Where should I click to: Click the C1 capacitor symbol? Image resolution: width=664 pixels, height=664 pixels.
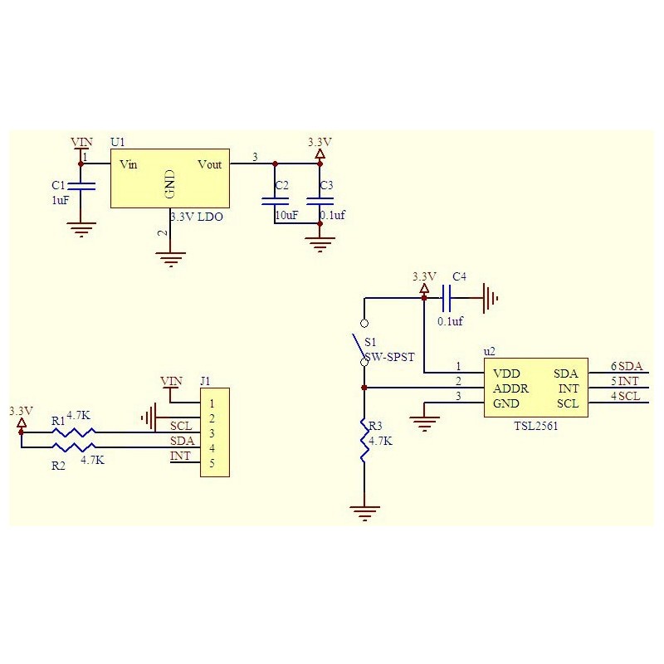tap(81, 186)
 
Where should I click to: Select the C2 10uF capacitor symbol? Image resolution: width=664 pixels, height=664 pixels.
tap(275, 201)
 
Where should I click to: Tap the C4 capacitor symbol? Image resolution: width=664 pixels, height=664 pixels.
tap(446, 298)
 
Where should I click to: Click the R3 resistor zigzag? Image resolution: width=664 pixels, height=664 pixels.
tap(364, 441)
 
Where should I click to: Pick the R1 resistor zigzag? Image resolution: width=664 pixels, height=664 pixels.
tap(74, 432)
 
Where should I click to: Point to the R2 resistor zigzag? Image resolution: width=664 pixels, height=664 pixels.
tap(74, 447)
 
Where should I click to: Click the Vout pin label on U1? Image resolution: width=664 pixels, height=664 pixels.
tap(210, 164)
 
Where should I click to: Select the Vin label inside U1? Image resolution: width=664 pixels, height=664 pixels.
tap(129, 164)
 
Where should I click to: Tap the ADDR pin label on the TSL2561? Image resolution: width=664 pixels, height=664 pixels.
tap(510, 388)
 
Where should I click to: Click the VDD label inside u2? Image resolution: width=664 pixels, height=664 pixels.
tap(506, 373)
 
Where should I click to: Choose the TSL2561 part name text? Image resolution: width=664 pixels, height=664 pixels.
tap(535, 426)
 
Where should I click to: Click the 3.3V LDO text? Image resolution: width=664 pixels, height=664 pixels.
tap(197, 217)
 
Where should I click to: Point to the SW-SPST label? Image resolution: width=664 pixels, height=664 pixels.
tap(389, 357)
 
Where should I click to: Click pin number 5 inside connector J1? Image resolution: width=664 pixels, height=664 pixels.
tap(212, 463)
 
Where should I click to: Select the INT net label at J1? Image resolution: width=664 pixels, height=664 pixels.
tap(180, 456)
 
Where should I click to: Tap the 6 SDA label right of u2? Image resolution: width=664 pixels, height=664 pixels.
tap(627, 366)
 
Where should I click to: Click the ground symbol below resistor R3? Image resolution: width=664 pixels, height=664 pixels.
tap(364, 513)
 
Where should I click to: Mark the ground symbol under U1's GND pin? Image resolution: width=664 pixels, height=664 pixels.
tap(171, 260)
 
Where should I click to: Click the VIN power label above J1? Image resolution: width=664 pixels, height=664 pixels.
tap(172, 381)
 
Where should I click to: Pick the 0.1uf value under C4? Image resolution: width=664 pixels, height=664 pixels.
tap(450, 321)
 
